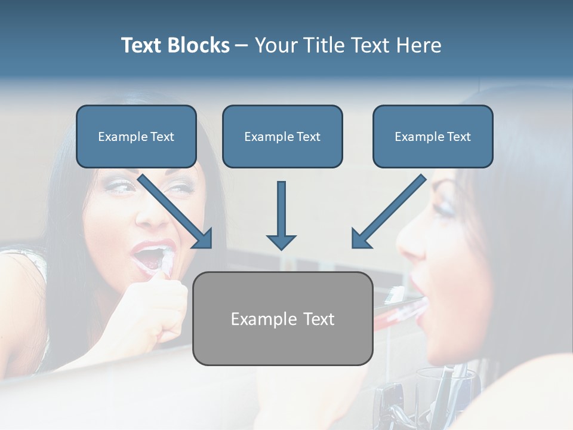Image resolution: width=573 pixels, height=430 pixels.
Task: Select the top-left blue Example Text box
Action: click(x=136, y=137)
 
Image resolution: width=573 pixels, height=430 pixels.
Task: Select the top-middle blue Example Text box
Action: click(x=282, y=137)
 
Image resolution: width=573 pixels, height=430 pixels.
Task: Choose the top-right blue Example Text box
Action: click(x=433, y=137)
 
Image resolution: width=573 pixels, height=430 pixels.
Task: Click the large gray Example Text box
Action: click(x=282, y=318)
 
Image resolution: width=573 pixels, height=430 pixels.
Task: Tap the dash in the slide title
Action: click(x=242, y=46)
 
